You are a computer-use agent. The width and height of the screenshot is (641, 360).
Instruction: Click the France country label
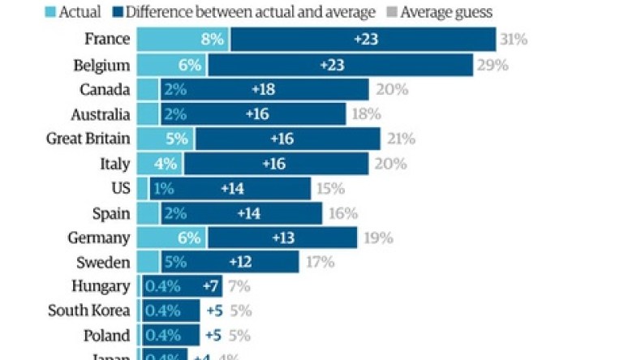(x=107, y=39)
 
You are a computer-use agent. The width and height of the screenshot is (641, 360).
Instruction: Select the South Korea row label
(x=88, y=311)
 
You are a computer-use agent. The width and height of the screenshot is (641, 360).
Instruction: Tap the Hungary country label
(x=101, y=286)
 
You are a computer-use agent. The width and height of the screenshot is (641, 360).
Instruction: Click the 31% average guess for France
(x=513, y=39)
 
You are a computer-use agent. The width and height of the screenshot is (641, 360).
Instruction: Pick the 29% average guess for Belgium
(x=491, y=64)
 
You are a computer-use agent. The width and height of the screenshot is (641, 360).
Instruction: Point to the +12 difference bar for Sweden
(x=242, y=263)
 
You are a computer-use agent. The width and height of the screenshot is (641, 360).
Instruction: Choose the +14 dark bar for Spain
(x=247, y=213)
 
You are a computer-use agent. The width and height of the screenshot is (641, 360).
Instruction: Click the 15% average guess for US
(x=330, y=189)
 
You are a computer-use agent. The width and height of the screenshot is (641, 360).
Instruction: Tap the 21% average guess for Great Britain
(x=399, y=139)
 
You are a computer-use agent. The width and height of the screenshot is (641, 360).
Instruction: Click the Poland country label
(x=105, y=336)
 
